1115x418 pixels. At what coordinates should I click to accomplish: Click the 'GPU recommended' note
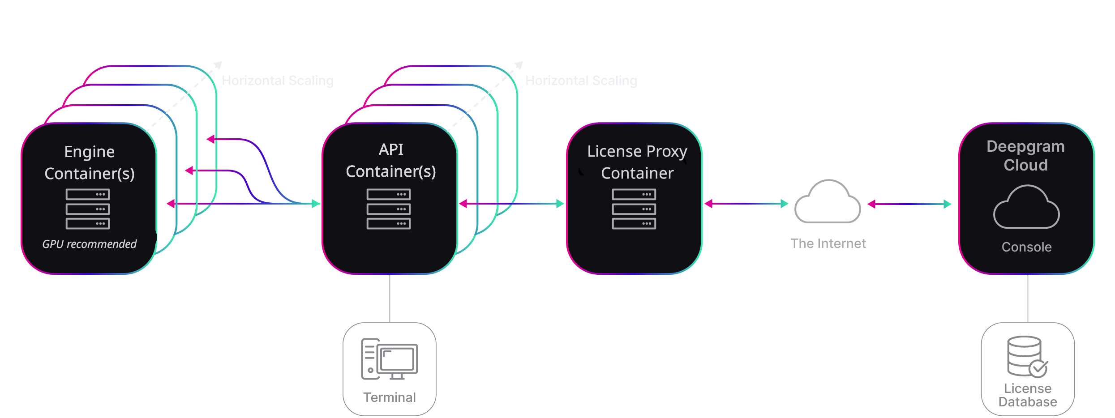point(89,244)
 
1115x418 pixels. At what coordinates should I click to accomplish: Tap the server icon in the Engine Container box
point(88,209)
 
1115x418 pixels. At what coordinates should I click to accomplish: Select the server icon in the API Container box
point(389,209)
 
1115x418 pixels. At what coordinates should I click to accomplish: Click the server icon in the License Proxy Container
point(634,209)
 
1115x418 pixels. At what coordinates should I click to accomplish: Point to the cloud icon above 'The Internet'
point(828,202)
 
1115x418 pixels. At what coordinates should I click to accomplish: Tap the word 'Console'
point(1026,247)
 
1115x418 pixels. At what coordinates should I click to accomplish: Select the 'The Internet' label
point(828,243)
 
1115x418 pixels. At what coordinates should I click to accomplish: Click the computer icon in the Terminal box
point(390,359)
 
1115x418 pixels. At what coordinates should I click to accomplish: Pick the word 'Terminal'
point(390,397)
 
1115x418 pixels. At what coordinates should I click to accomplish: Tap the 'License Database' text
point(1028,395)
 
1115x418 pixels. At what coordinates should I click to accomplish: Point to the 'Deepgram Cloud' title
point(1026,156)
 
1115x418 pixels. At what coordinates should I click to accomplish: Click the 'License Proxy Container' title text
point(637,162)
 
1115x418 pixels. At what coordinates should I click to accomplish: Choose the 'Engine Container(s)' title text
point(90,162)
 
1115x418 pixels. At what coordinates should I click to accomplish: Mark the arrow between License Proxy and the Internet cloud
point(746,204)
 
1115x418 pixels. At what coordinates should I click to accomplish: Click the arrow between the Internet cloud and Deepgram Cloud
point(909,204)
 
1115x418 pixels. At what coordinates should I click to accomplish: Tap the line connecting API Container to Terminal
point(390,298)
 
